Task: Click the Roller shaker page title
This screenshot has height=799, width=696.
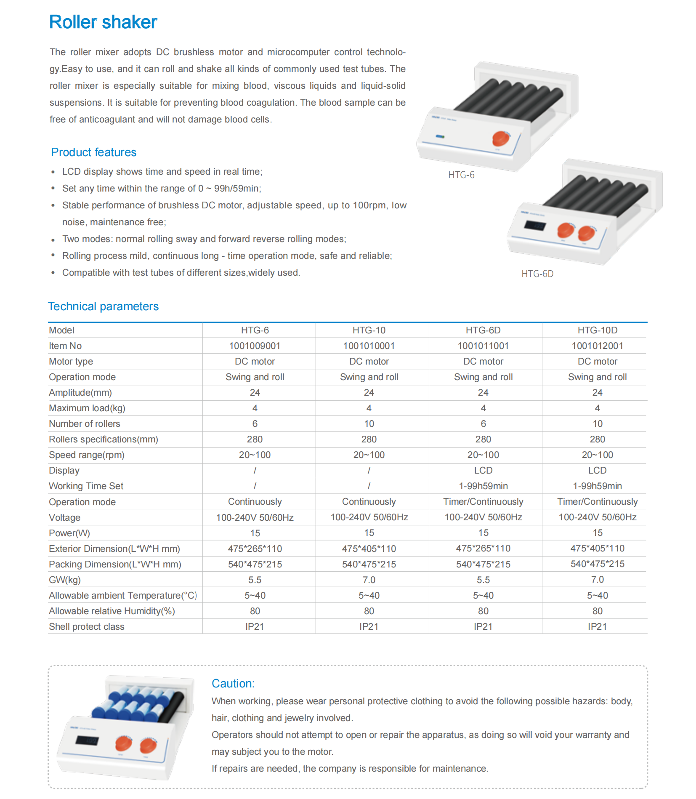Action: (103, 22)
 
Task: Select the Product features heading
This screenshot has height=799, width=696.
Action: (93, 152)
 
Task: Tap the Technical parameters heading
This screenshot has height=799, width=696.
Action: (103, 306)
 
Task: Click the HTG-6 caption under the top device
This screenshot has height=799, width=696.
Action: (461, 175)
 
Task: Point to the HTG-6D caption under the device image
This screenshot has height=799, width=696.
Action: (537, 274)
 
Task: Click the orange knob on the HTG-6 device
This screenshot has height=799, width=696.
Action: (500, 138)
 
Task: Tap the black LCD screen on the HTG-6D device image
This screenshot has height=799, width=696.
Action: (534, 226)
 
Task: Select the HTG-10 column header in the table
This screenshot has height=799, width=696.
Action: (369, 330)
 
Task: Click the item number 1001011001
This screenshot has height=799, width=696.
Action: (483, 346)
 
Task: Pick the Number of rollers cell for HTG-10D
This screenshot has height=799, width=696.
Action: (597, 424)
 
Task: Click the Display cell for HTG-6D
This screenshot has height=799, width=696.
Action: (483, 471)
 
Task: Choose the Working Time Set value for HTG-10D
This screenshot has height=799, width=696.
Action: (597, 486)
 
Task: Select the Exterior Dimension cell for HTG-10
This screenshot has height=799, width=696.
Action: (369, 549)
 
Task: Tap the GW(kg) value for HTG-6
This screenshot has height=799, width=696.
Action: (255, 580)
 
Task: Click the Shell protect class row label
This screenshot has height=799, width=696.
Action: (87, 627)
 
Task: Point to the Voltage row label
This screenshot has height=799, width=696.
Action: (64, 518)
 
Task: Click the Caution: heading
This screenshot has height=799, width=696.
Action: (233, 684)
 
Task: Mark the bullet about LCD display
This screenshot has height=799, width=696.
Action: (162, 172)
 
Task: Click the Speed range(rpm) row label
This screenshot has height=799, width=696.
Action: (87, 455)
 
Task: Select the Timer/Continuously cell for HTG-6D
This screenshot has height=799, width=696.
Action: (483, 502)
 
